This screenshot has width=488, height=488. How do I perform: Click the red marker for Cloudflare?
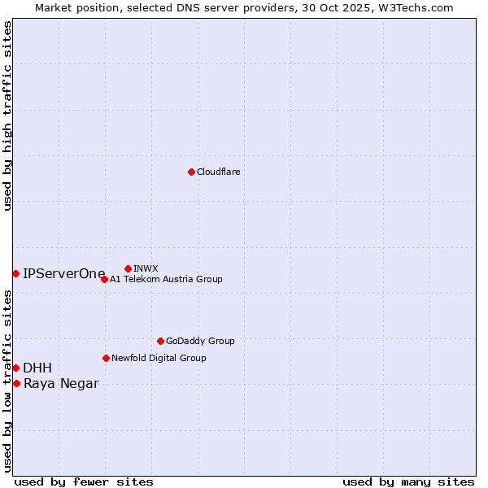(x=191, y=172)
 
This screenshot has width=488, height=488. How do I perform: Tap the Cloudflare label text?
(x=218, y=172)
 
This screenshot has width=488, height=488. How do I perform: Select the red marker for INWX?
(x=128, y=268)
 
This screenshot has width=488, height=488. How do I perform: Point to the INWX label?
(x=146, y=268)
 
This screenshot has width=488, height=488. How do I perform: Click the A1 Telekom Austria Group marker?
(x=104, y=279)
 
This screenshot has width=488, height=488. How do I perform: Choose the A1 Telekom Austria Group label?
(x=166, y=279)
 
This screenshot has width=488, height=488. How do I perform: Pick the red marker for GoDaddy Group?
(x=160, y=341)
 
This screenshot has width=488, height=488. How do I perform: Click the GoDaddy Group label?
(x=200, y=341)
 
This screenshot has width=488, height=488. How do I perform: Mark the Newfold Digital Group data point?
(x=106, y=358)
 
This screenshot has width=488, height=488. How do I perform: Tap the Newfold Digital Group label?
(x=159, y=358)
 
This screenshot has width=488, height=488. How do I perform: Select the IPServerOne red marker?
(x=15, y=273)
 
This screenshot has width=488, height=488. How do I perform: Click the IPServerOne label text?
(x=63, y=273)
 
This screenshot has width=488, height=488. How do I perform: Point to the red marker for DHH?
(x=15, y=368)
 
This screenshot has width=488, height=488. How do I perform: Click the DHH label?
(x=37, y=368)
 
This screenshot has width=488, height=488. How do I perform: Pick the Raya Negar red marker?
(x=16, y=383)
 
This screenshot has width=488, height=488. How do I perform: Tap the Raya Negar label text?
(x=61, y=384)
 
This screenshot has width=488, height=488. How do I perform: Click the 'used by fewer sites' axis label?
(x=84, y=481)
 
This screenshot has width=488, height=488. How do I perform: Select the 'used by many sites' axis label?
(x=408, y=481)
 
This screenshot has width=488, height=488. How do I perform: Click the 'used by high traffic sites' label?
(x=7, y=115)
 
